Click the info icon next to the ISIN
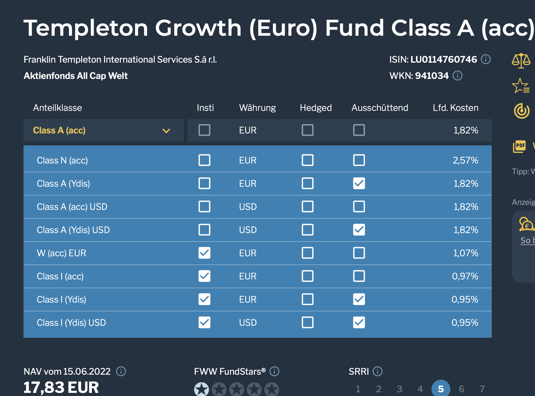point(486,59)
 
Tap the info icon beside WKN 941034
point(458,76)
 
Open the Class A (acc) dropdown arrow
point(166,131)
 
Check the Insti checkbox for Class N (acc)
point(204,160)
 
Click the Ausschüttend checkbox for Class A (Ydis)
point(359,183)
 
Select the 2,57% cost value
point(465,160)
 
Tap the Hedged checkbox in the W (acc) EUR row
point(308,253)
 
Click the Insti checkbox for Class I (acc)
point(204,276)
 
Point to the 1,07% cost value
point(466,253)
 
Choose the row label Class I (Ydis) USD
point(72,323)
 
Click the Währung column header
point(257,108)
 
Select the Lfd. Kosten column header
point(455,108)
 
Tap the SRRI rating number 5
point(441,389)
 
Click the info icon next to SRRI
point(378,371)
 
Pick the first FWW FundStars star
point(201,389)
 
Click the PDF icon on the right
point(520,146)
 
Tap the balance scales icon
point(521,60)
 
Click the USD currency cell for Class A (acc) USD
point(248,207)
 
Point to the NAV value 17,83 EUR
point(61,388)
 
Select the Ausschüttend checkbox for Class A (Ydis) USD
point(359,230)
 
